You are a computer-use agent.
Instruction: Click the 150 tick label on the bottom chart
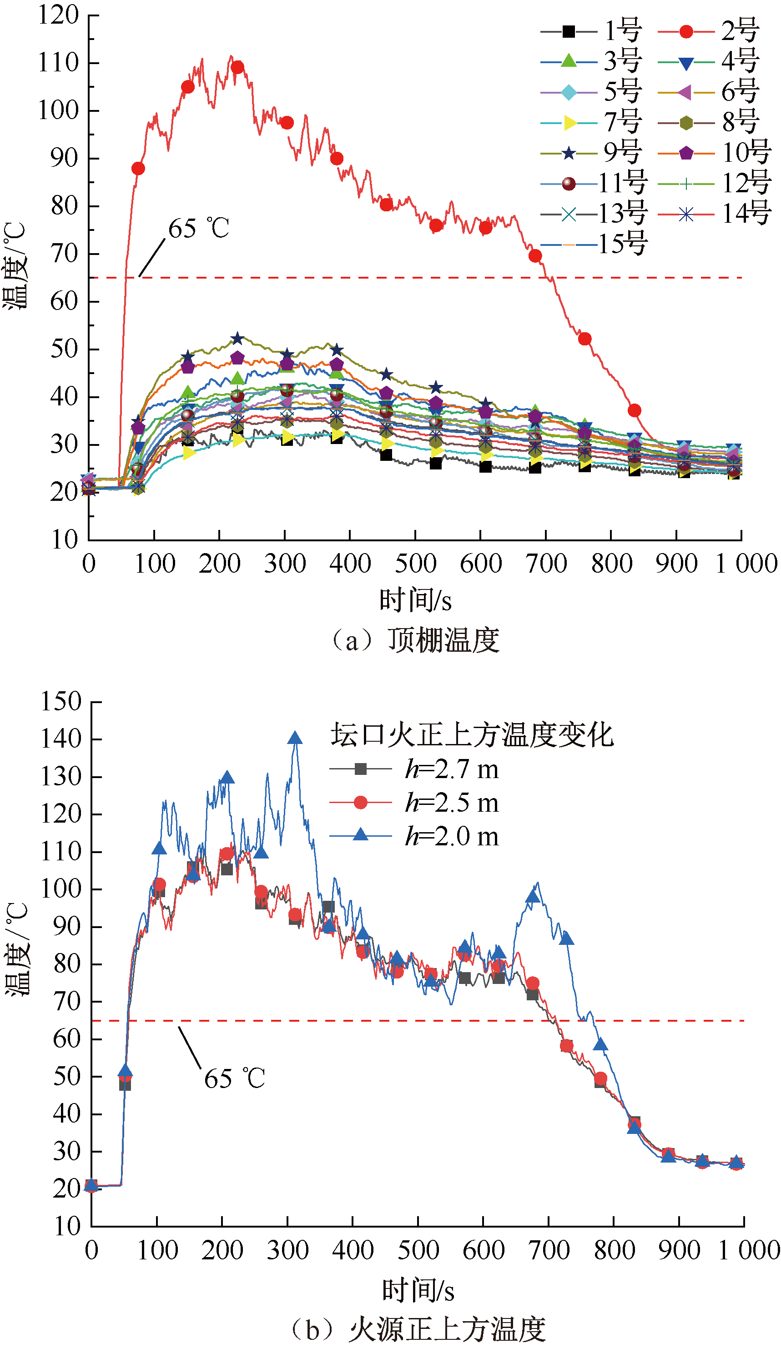tap(60, 701)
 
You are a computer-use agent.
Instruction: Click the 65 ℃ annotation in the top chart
tap(199, 229)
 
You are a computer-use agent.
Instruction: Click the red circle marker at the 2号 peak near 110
tap(237, 67)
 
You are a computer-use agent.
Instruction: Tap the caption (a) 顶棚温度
tap(415, 640)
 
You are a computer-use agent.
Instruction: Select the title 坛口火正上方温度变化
tap(471, 734)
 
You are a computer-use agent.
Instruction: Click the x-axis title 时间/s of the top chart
tap(415, 600)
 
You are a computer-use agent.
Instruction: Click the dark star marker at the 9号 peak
tap(237, 339)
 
